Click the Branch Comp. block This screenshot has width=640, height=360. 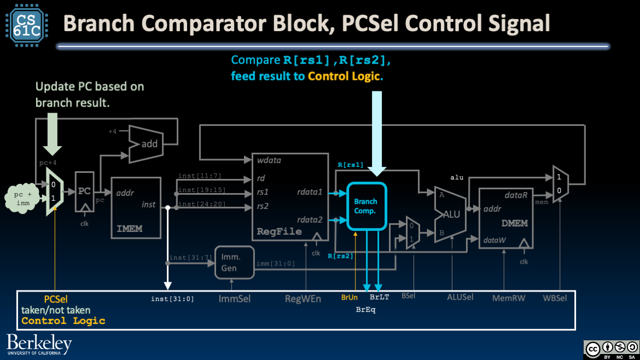(x=365, y=206)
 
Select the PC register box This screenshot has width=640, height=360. (x=84, y=191)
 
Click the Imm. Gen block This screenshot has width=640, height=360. (x=235, y=261)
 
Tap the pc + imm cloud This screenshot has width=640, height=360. (x=24, y=198)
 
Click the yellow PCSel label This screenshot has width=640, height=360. (x=56, y=299)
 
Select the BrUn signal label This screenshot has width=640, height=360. (x=349, y=298)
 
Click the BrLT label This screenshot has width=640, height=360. (x=379, y=298)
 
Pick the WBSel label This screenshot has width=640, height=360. (x=555, y=298)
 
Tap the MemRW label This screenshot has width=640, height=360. (x=508, y=298)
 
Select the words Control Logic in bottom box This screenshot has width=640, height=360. (x=63, y=321)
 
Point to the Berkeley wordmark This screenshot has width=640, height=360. (x=39, y=344)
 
